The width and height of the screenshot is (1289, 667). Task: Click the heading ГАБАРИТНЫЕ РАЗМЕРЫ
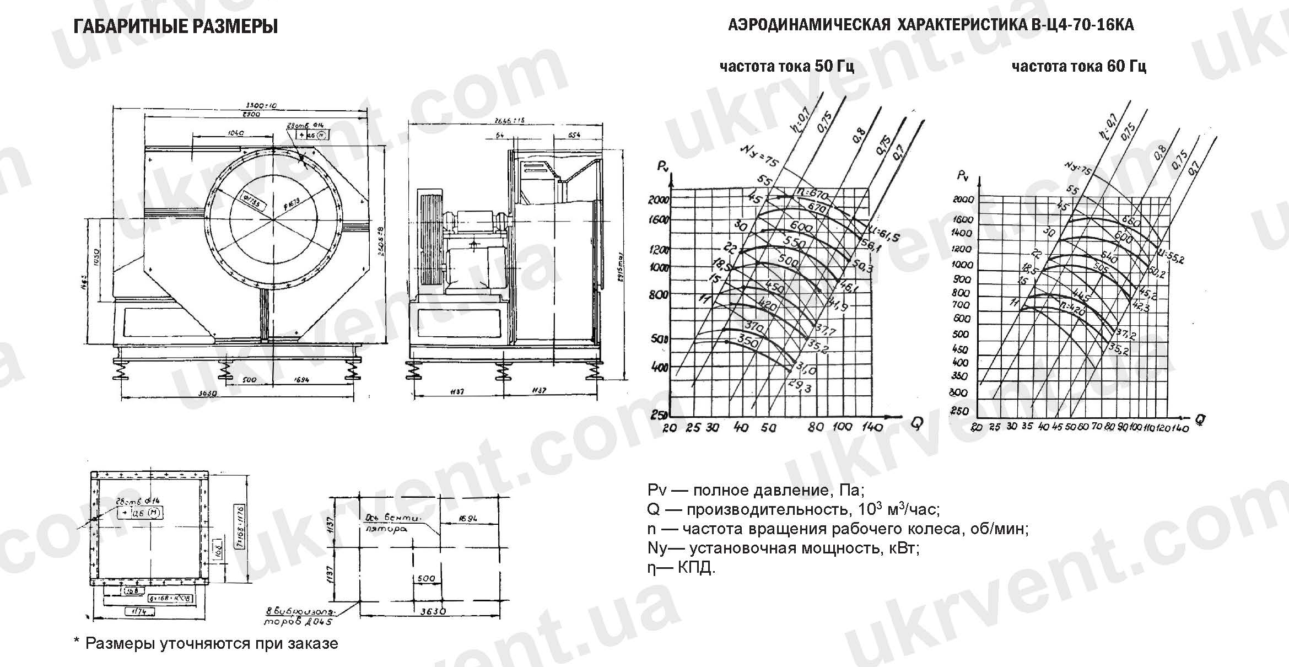175,26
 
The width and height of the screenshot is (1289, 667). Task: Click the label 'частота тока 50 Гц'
786,67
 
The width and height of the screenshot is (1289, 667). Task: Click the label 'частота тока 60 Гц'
1078,67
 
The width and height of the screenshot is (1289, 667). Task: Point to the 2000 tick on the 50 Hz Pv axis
659,200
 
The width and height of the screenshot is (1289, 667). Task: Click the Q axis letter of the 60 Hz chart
1200,421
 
